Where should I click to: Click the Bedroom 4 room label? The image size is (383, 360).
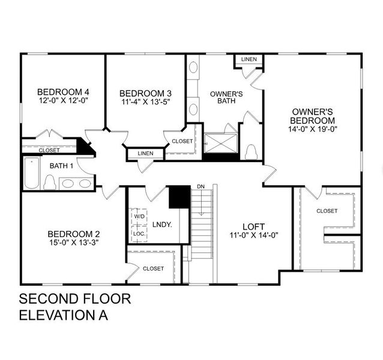pos(62,92)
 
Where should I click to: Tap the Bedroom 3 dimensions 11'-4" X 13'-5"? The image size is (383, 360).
pos(145,103)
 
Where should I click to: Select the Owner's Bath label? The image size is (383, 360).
pos(226,97)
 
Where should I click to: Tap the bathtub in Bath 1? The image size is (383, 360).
pos(31,173)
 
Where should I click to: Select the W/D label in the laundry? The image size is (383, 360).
pos(139,216)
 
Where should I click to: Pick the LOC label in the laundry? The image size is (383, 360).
pos(139,233)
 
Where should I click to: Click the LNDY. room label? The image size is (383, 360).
pos(162,224)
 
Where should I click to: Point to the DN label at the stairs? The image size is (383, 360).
pos(201,187)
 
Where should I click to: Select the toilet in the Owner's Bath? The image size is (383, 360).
pos(252,151)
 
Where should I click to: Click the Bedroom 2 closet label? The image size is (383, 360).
pos(153,269)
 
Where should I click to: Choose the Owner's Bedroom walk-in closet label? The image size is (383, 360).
pos(327,211)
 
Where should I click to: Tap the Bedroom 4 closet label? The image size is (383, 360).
pos(49,150)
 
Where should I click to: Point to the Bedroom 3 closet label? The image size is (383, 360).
pos(182,141)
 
